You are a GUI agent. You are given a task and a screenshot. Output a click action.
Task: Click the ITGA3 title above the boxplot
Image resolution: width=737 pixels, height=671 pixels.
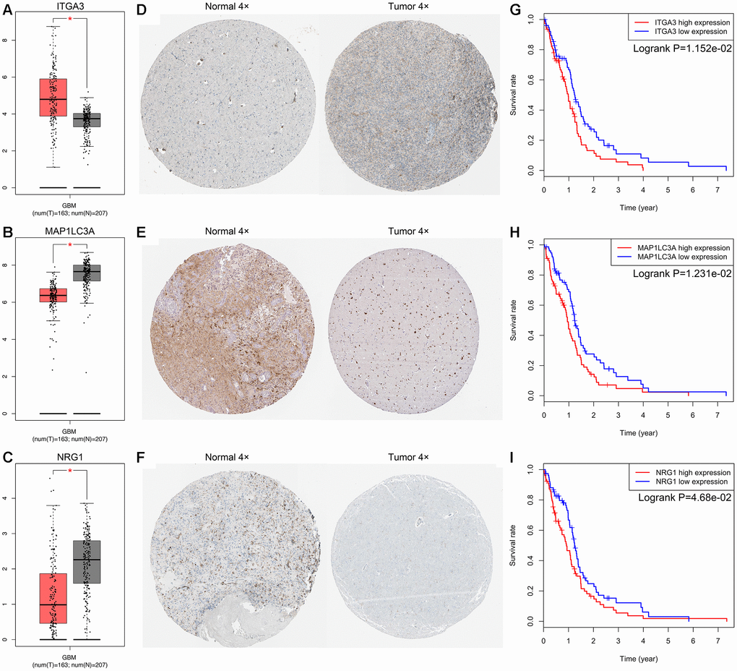pyautogui.click(x=69, y=8)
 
